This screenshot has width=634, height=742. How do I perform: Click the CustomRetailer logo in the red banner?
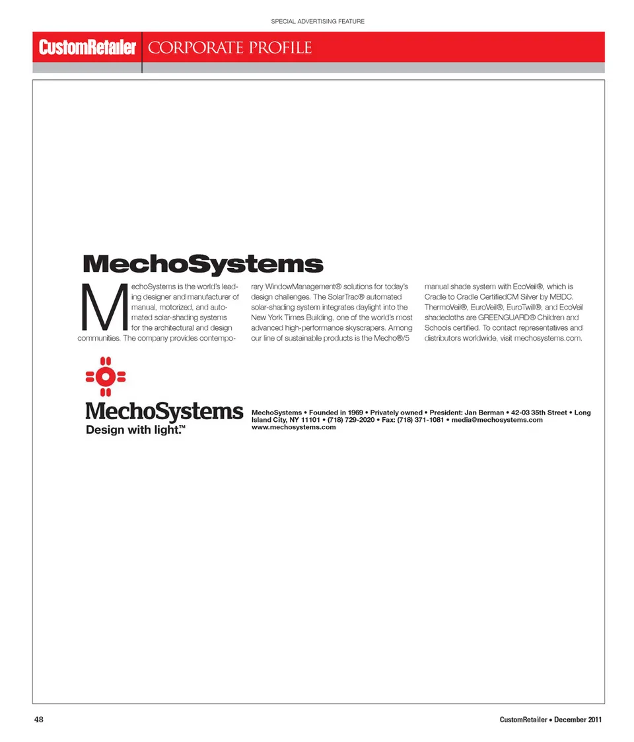[x=87, y=48]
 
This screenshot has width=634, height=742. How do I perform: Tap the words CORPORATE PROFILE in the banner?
[x=230, y=48]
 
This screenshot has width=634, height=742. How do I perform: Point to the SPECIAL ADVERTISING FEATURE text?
[x=318, y=22]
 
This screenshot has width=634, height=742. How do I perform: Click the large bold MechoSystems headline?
[x=203, y=264]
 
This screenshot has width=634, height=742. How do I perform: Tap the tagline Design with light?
[x=135, y=430]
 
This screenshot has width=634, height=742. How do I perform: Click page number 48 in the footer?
[x=38, y=720]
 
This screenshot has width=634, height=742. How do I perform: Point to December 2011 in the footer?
[x=578, y=720]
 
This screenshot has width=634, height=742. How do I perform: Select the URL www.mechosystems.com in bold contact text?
[x=294, y=427]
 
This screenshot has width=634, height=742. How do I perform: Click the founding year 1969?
[x=355, y=413]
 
